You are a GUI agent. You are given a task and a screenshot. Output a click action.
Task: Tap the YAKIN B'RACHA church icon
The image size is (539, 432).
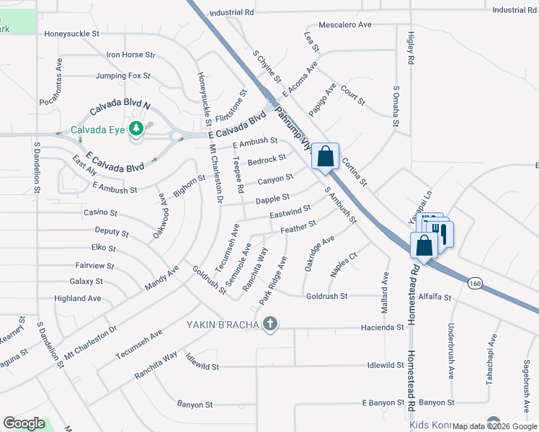[270, 323]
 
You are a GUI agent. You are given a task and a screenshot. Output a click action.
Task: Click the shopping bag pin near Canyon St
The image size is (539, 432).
[325, 156]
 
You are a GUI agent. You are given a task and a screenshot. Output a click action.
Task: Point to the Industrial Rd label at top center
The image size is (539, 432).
[232, 12]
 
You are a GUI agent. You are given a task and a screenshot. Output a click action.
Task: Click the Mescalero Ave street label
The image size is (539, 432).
[344, 24]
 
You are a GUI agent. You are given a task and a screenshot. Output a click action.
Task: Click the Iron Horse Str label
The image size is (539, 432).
[130, 55]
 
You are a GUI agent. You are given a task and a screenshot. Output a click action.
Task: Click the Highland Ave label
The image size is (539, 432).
[78, 298]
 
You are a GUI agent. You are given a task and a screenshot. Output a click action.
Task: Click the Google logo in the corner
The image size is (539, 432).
[24, 423]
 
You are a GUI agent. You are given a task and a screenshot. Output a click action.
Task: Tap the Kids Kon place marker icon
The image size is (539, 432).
[493, 423]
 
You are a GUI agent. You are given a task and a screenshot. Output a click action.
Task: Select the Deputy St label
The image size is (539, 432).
[112, 233]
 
